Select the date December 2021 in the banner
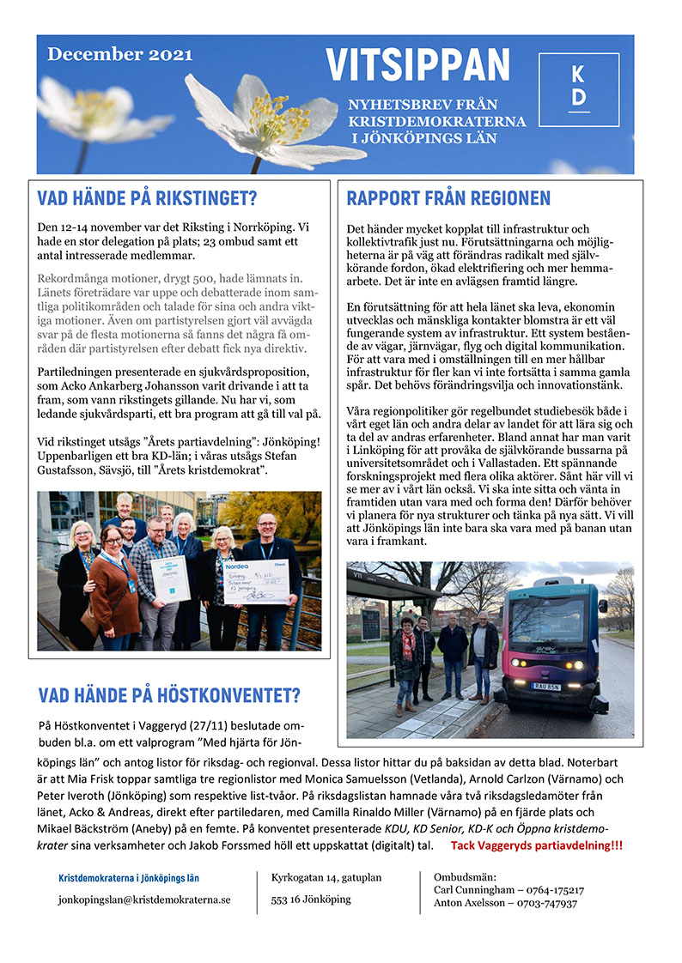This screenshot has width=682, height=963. [119, 54]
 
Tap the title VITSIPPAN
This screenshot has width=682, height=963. [417, 65]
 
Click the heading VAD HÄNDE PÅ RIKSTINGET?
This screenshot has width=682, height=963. [148, 199]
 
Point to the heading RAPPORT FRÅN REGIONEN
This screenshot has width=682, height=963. [448, 199]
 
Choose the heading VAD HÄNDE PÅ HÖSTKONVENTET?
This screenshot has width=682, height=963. [169, 696]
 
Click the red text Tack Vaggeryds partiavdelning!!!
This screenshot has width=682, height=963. [537, 845]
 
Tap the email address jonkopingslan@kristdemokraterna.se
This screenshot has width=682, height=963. [144, 900]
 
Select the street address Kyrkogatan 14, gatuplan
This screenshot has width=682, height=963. [326, 878]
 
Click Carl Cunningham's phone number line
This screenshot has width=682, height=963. [508, 891]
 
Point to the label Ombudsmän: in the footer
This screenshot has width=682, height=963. [465, 877]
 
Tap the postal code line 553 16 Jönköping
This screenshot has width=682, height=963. [311, 899]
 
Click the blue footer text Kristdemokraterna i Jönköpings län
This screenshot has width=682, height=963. [129, 878]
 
